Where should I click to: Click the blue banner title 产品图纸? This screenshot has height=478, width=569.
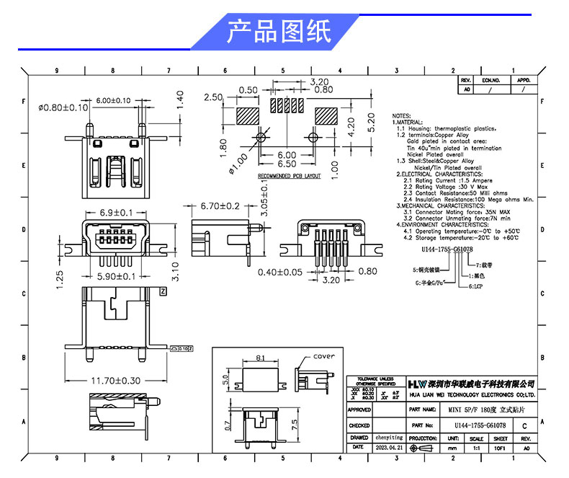point(278,32)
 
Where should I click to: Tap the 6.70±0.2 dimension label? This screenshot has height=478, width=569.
point(220,205)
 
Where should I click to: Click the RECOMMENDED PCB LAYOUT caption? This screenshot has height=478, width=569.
point(289,176)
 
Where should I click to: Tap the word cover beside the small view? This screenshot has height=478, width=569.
point(324,357)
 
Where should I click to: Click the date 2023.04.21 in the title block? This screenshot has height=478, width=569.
point(390,448)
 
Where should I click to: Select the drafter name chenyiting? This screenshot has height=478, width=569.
point(390,437)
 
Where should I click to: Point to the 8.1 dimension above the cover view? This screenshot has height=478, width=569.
point(261,357)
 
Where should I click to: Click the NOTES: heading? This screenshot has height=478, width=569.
point(402,115)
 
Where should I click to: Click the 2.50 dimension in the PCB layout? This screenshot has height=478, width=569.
point(214,97)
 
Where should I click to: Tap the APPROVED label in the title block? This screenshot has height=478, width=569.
point(359,410)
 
